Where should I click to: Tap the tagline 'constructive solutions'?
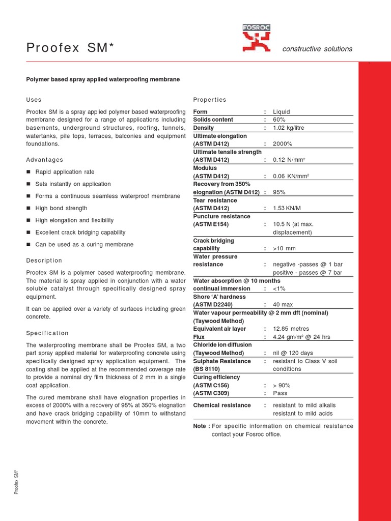317,49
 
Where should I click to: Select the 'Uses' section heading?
34,100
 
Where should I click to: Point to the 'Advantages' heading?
45,160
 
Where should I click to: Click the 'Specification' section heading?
47,333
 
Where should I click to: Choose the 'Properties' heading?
210,100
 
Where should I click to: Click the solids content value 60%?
279,120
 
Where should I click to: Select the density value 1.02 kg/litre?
291,128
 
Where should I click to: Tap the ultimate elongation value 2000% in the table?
283,144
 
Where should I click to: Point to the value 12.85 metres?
291,329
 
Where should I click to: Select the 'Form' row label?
201,112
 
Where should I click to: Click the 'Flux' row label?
199,337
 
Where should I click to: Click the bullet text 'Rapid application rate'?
65,172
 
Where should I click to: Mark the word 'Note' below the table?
200,426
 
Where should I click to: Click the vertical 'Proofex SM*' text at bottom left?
17,481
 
